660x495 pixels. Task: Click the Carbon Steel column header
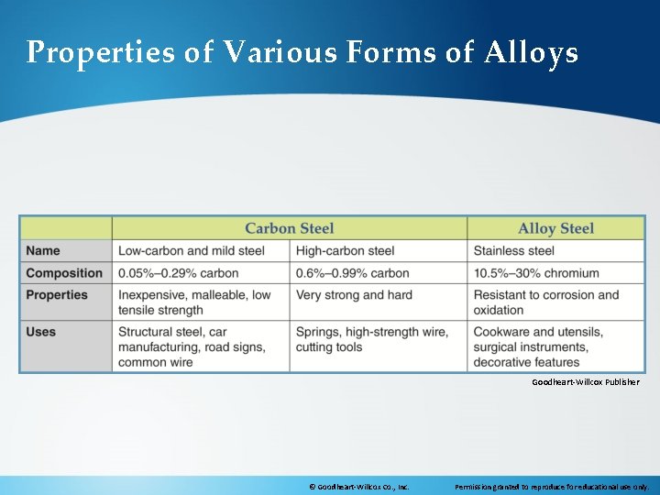(289, 228)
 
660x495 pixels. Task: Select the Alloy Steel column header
(555, 228)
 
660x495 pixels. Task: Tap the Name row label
(43, 250)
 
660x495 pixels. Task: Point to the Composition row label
(64, 272)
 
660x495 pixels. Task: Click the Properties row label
(57, 295)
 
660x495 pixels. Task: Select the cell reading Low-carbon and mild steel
(192, 250)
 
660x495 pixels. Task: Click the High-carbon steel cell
(346, 250)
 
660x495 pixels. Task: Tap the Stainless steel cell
(513, 250)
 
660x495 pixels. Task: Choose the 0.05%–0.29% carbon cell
(179, 272)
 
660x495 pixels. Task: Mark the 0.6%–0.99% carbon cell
(353, 272)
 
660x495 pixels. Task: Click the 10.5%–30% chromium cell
(536, 272)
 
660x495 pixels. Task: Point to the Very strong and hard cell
(354, 295)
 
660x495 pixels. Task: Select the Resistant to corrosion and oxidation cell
(546, 302)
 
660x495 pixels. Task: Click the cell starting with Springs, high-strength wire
(372, 339)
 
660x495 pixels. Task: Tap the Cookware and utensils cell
(538, 346)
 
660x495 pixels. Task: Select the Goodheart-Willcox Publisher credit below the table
(586, 381)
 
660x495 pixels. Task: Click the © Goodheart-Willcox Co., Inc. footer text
(358, 487)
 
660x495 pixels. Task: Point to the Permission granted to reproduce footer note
(552, 487)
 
